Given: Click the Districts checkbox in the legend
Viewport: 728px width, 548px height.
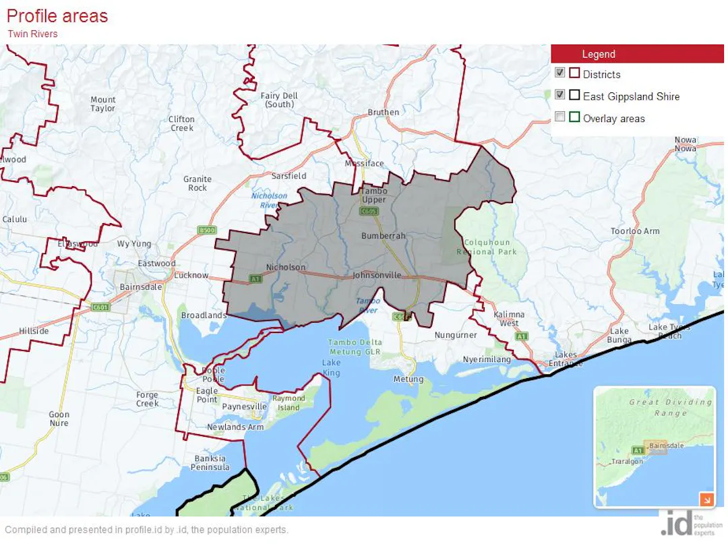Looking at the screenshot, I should pyautogui.click(x=559, y=73).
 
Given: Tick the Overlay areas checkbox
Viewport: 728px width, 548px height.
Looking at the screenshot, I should pyautogui.click(x=559, y=117).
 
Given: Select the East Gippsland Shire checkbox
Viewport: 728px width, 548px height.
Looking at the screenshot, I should pyautogui.click(x=559, y=94).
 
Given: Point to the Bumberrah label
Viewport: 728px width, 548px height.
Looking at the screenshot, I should pyautogui.click(x=384, y=236).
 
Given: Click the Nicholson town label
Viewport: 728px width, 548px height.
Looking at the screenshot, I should pyautogui.click(x=286, y=267).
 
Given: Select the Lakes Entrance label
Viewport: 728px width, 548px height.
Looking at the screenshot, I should pyautogui.click(x=566, y=359).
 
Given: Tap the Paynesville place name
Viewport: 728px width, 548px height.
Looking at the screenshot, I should pyautogui.click(x=245, y=407).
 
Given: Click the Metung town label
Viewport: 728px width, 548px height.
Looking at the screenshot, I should pyautogui.click(x=408, y=379).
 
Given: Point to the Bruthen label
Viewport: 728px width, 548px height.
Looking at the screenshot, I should pyautogui.click(x=383, y=112).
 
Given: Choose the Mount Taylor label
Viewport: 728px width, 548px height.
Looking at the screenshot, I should pyautogui.click(x=103, y=104).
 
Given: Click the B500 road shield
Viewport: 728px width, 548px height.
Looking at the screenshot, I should pyautogui.click(x=207, y=231).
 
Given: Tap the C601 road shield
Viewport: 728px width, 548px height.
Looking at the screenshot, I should pyautogui.click(x=100, y=307).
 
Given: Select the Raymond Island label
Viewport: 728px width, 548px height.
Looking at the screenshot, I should pyautogui.click(x=289, y=402).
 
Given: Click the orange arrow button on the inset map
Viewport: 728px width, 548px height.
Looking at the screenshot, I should pyautogui.click(x=706, y=499).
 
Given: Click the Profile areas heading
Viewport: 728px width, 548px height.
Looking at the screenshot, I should pyautogui.click(x=57, y=16).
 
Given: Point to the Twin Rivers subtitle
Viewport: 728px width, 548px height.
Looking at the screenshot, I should pyautogui.click(x=32, y=34).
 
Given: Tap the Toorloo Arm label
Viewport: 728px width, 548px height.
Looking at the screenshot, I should pyautogui.click(x=635, y=231).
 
